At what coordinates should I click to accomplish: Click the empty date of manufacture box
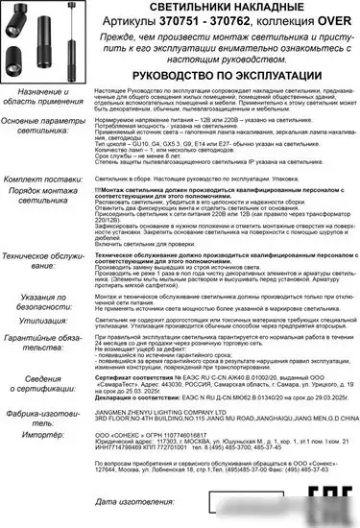(x=250, y=500)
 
